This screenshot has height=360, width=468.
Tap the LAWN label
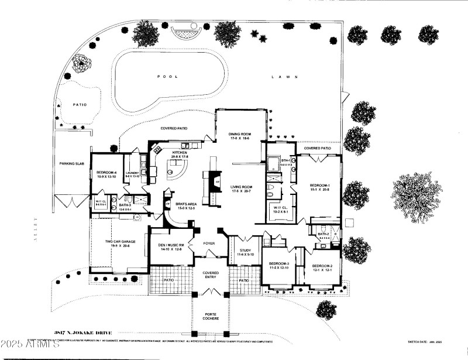coord(285,77)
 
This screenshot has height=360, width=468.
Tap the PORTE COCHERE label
coord(211,316)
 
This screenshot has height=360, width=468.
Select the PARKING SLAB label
coord(73,163)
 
